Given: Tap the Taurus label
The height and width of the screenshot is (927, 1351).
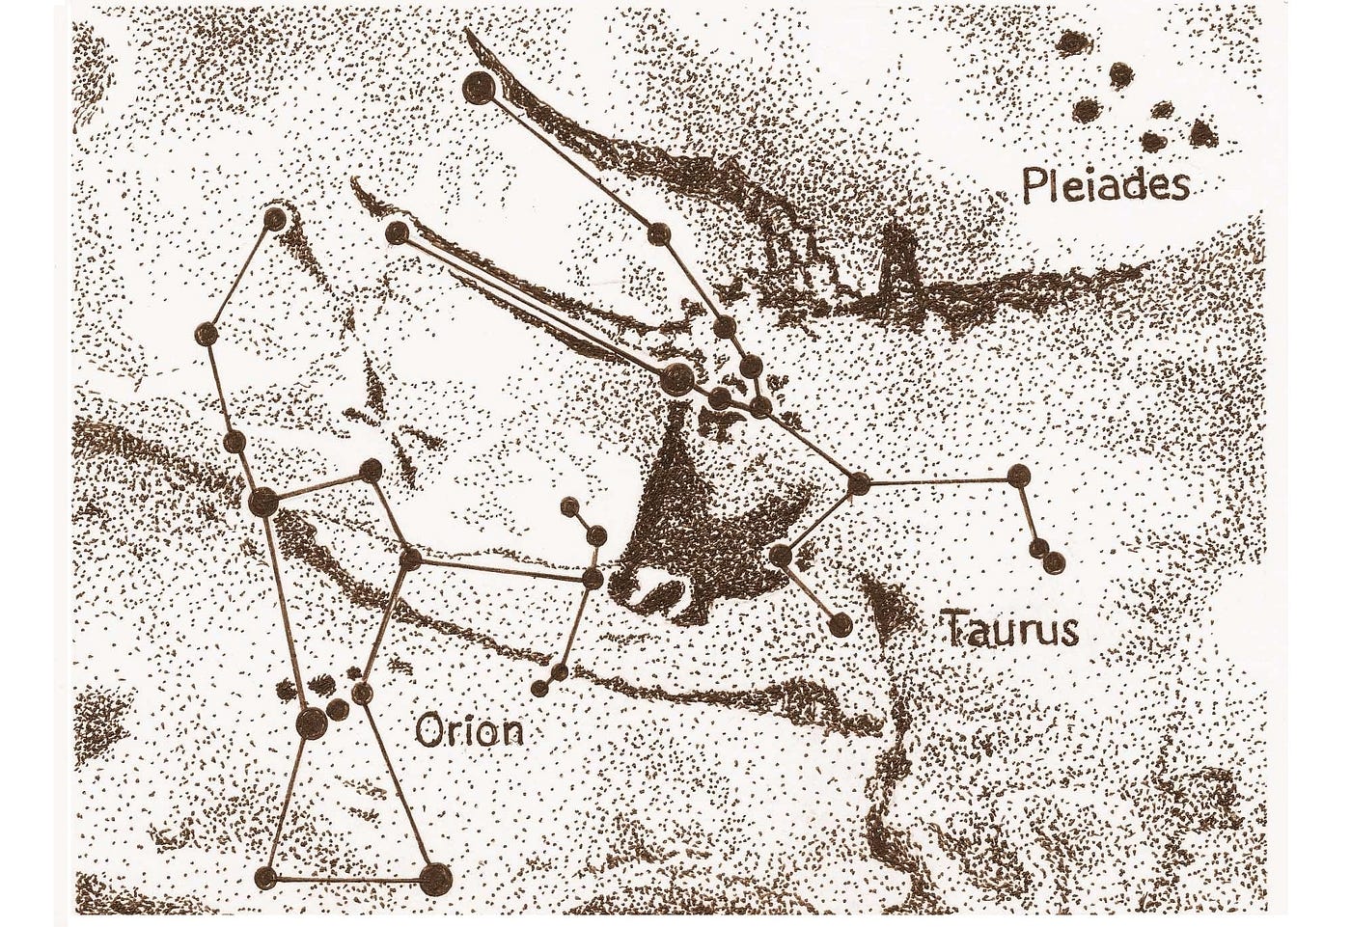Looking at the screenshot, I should point(1009,630).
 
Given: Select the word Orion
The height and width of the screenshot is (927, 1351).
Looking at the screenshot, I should point(469,730).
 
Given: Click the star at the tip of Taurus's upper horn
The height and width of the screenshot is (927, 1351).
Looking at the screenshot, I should point(478,90).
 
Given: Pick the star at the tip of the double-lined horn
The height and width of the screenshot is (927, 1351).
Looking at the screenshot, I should point(396,232).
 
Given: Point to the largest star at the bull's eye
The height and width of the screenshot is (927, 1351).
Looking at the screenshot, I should point(675,377).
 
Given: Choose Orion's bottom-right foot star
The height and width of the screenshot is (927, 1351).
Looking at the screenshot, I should point(435,877).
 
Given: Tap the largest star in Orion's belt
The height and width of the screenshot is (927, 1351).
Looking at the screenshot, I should point(312,723).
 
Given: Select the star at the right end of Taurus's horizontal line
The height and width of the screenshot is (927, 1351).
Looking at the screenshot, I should point(1018,475).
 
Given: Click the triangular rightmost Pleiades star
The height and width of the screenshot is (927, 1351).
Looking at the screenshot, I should point(1203,130).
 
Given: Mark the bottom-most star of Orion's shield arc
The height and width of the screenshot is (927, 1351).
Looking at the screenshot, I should point(539,688).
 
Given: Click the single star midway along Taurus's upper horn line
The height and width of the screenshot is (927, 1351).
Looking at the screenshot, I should point(659,232).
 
